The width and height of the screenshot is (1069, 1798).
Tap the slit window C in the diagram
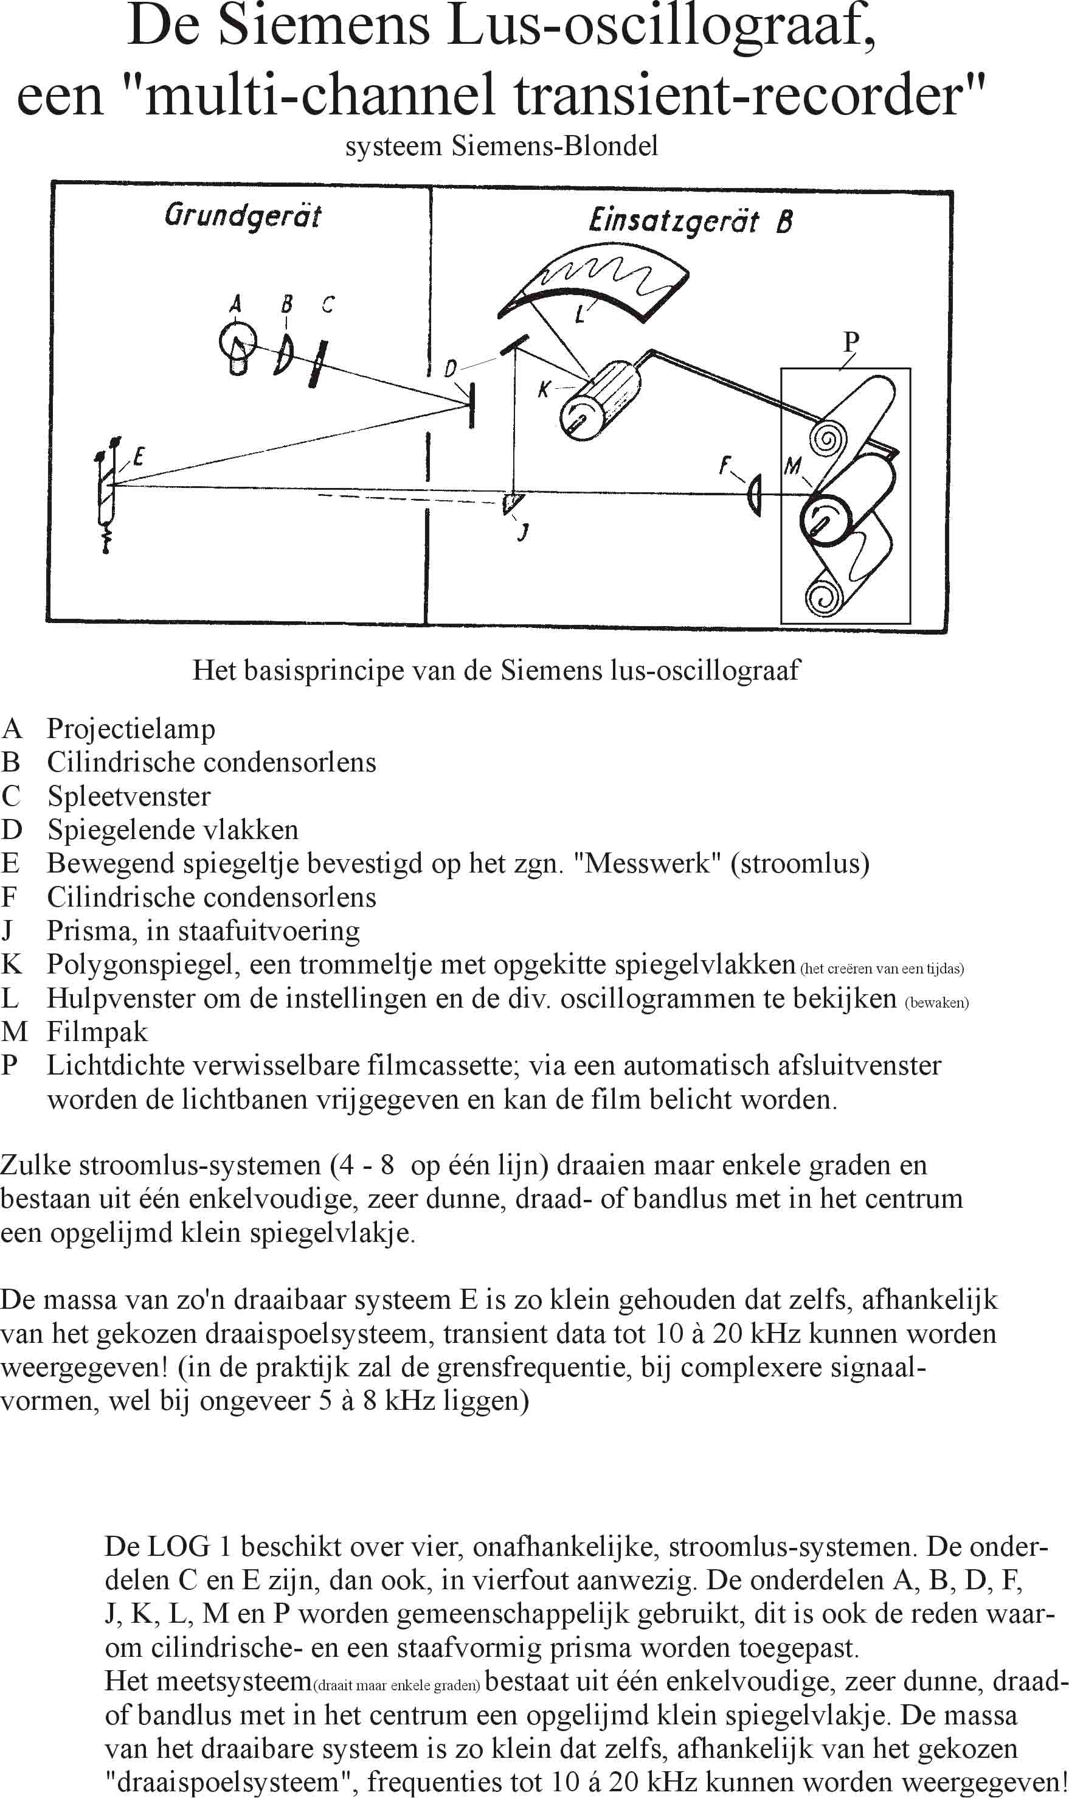[x=316, y=363]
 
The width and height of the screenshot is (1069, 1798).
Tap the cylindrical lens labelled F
[x=753, y=494]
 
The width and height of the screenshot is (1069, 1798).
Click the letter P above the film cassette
[x=851, y=341]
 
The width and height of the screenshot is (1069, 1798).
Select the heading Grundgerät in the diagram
[x=243, y=215]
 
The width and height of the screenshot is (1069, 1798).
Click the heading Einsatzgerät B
[x=690, y=220]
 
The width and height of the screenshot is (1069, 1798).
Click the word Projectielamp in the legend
[x=131, y=728]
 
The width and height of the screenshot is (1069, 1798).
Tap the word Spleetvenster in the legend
[x=129, y=796]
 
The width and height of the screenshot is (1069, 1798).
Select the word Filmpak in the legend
[x=97, y=1032]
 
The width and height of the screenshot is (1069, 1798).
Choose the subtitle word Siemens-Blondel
[x=555, y=146]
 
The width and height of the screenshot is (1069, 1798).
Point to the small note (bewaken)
[x=936, y=1002]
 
